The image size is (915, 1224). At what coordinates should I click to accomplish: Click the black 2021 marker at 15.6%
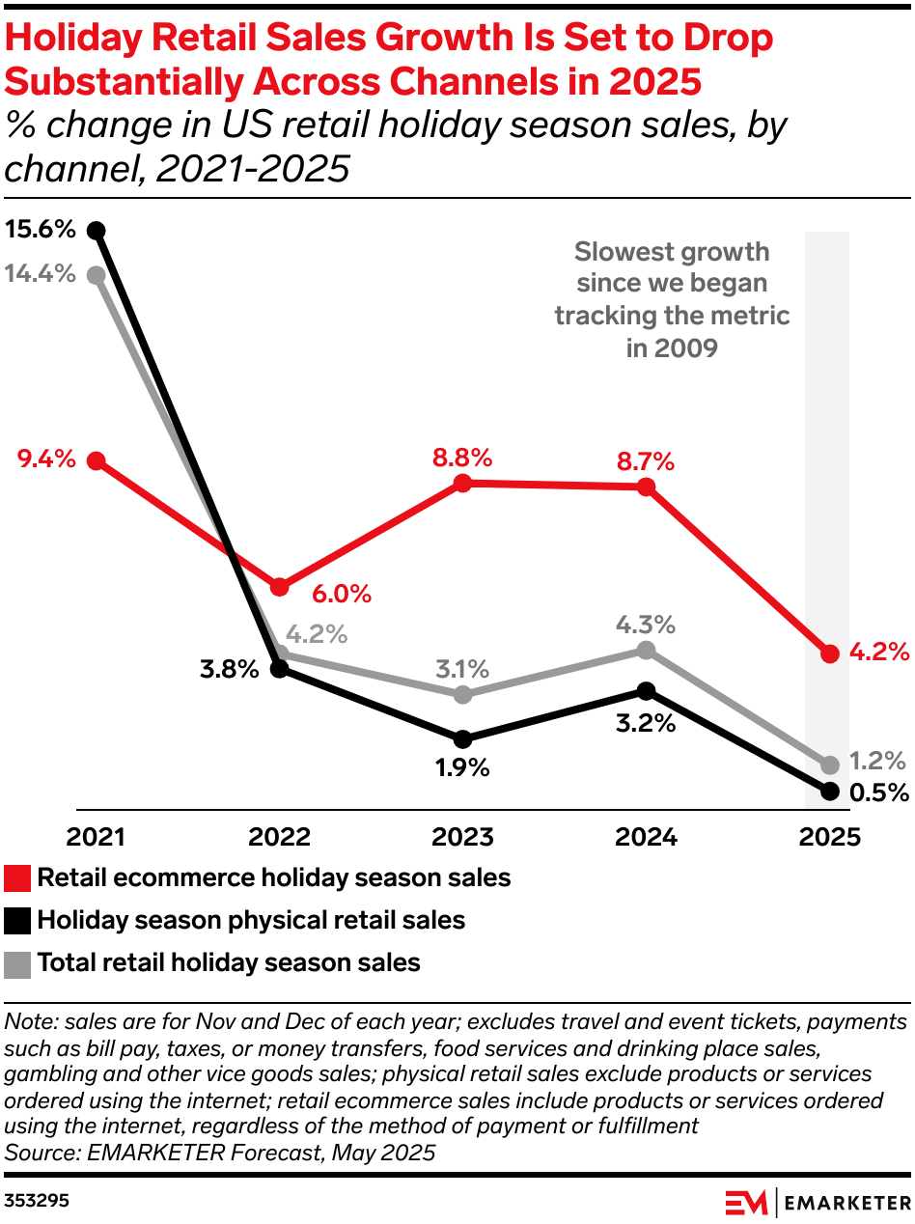pyautogui.click(x=96, y=230)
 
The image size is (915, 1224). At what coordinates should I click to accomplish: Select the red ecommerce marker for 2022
pyautogui.click(x=280, y=587)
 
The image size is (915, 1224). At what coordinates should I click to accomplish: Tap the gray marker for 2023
pyautogui.click(x=462, y=695)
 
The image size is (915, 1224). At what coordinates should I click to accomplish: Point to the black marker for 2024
pyautogui.click(x=646, y=690)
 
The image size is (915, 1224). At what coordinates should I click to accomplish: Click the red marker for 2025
pyautogui.click(x=829, y=654)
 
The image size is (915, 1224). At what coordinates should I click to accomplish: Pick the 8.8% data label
pyautogui.click(x=462, y=458)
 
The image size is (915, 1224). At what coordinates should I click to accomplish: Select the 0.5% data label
pyautogui.click(x=878, y=793)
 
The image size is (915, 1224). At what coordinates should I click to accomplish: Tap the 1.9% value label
pyautogui.click(x=462, y=768)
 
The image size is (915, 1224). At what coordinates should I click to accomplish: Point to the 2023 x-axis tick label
pyautogui.click(x=462, y=837)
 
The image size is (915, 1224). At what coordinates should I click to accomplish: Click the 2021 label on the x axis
pyautogui.click(x=96, y=837)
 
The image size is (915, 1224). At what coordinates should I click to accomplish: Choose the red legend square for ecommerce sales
pyautogui.click(x=17, y=878)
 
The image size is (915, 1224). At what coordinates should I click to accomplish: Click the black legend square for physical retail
pyautogui.click(x=17, y=921)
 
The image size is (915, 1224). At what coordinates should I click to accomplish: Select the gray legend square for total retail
pyautogui.click(x=17, y=963)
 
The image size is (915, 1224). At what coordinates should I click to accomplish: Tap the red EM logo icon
pyautogui.click(x=747, y=1203)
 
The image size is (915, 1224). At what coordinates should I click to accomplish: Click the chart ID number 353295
pyautogui.click(x=37, y=1202)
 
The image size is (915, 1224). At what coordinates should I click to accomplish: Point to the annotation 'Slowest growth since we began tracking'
pyautogui.click(x=672, y=299)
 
